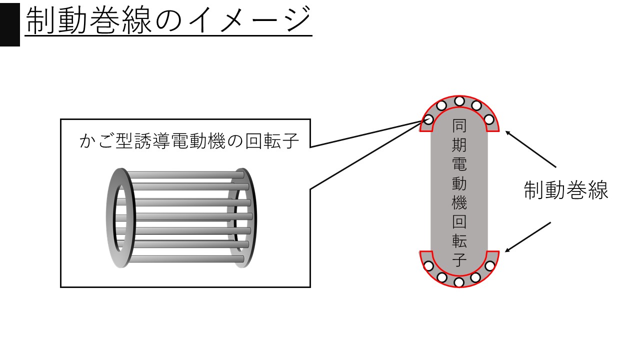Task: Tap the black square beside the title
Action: click(x=9, y=23)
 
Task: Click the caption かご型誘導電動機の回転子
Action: click(x=189, y=142)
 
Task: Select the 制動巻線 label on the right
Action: click(x=566, y=190)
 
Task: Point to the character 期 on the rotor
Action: click(x=459, y=144)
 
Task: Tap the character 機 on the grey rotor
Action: click(x=459, y=202)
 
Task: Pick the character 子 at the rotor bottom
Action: click(x=459, y=260)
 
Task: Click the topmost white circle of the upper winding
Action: click(x=459, y=101)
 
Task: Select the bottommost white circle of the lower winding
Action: click(x=459, y=282)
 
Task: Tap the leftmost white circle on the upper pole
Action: click(x=428, y=120)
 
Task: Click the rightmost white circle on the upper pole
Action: click(x=489, y=120)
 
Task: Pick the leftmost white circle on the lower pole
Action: click(x=428, y=265)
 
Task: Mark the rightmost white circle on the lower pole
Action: click(x=489, y=265)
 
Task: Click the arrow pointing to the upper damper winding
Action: click(x=531, y=149)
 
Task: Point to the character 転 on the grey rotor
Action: click(x=459, y=241)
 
